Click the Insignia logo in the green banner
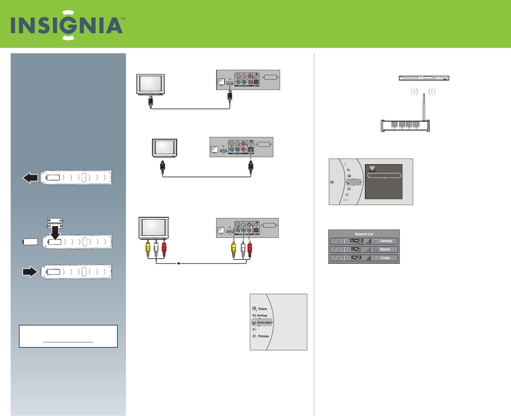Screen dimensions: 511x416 [x=67, y=25]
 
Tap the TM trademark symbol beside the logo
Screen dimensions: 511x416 [x=123, y=19]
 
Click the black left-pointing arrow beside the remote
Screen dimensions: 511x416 [x=30, y=178]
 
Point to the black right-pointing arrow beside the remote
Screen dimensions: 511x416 [x=30, y=272]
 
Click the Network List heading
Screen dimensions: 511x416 [x=364, y=234]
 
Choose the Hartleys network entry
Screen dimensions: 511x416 [x=386, y=241]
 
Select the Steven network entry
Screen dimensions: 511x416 [x=385, y=249]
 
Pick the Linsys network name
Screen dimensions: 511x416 [x=385, y=258]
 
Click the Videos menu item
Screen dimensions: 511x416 [x=262, y=309]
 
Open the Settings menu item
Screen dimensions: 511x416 [x=262, y=316]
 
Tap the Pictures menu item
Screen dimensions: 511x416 [x=263, y=336]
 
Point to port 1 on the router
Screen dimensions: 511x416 [x=394, y=125]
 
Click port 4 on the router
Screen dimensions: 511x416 [x=416, y=125]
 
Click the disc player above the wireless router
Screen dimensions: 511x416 [x=424, y=78]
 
